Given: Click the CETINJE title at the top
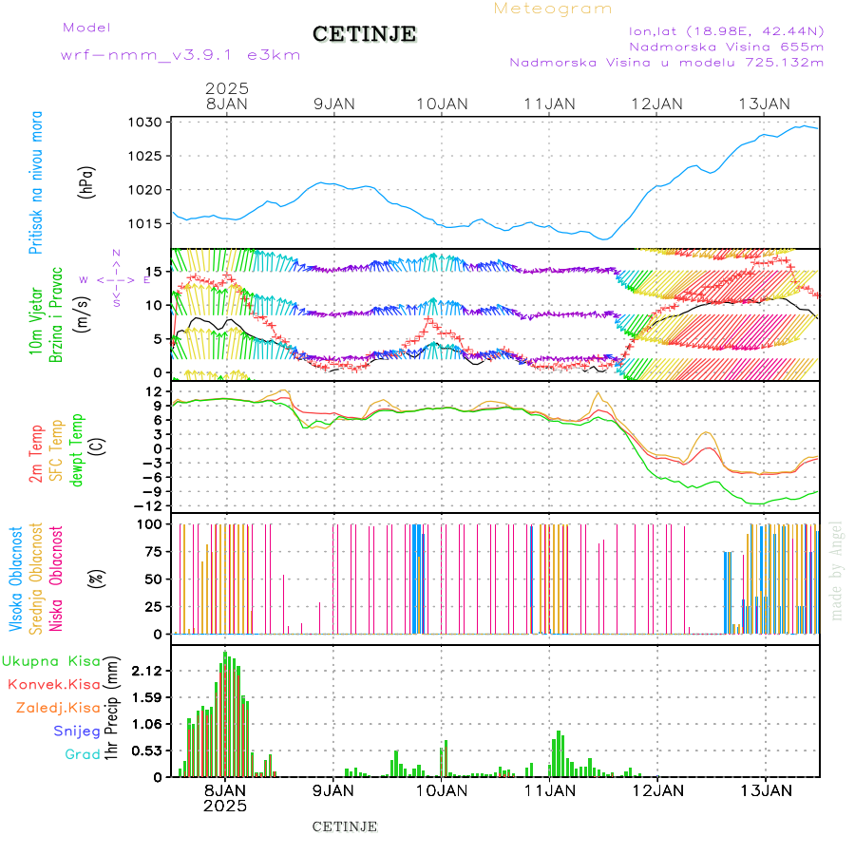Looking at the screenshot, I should tap(364, 34).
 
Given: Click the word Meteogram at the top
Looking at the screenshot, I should tap(553, 9).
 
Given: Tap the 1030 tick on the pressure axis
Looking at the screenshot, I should tap(147, 123).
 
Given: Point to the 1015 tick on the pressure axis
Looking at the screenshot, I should tap(147, 223).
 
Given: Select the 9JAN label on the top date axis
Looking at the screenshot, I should tap(332, 104).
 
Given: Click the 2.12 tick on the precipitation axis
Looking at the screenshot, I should tap(146, 671).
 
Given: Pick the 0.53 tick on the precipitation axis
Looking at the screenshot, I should tap(146, 750).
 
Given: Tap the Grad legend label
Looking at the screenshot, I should tap(83, 754).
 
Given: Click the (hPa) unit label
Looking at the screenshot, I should tap(87, 180).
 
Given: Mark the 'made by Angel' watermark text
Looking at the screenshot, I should tap(836, 570).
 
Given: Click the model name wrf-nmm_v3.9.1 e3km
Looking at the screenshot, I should tap(180, 55).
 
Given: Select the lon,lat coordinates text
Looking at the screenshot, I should tap(726, 28).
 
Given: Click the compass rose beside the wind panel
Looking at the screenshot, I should tap(115, 279).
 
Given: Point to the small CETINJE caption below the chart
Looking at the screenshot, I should tap(345, 826).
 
